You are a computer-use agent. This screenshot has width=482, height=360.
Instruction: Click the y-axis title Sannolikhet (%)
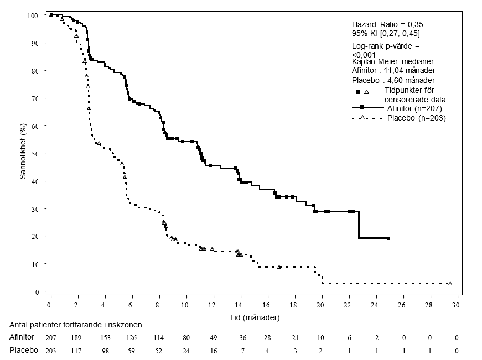23,153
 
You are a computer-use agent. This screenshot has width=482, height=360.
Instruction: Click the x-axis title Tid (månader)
254,318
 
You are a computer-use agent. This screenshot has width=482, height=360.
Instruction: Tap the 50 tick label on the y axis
35,153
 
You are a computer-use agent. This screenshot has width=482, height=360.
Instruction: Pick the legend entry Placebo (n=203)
416,118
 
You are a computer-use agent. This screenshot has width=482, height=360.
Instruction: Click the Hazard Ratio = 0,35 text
387,25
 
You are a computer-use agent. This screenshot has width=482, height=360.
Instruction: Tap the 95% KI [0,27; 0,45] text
386,34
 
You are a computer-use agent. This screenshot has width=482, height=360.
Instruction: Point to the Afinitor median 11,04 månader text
393,70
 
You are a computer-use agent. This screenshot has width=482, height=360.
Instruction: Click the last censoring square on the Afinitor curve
388,238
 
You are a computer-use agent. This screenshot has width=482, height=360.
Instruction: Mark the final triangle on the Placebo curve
450,284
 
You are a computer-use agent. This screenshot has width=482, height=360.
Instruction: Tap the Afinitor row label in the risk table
22,337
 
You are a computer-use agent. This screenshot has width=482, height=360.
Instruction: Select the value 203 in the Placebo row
50,350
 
